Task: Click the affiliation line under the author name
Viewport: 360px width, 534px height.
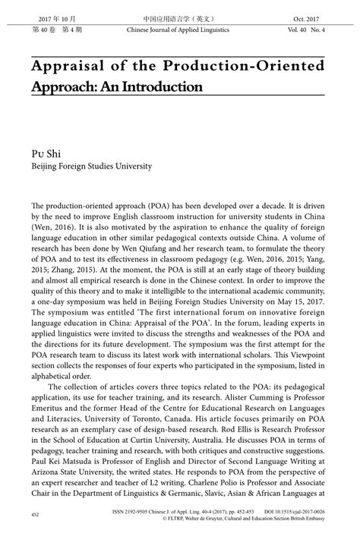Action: (x=91, y=166)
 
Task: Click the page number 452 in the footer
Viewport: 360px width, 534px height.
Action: (x=35, y=516)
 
